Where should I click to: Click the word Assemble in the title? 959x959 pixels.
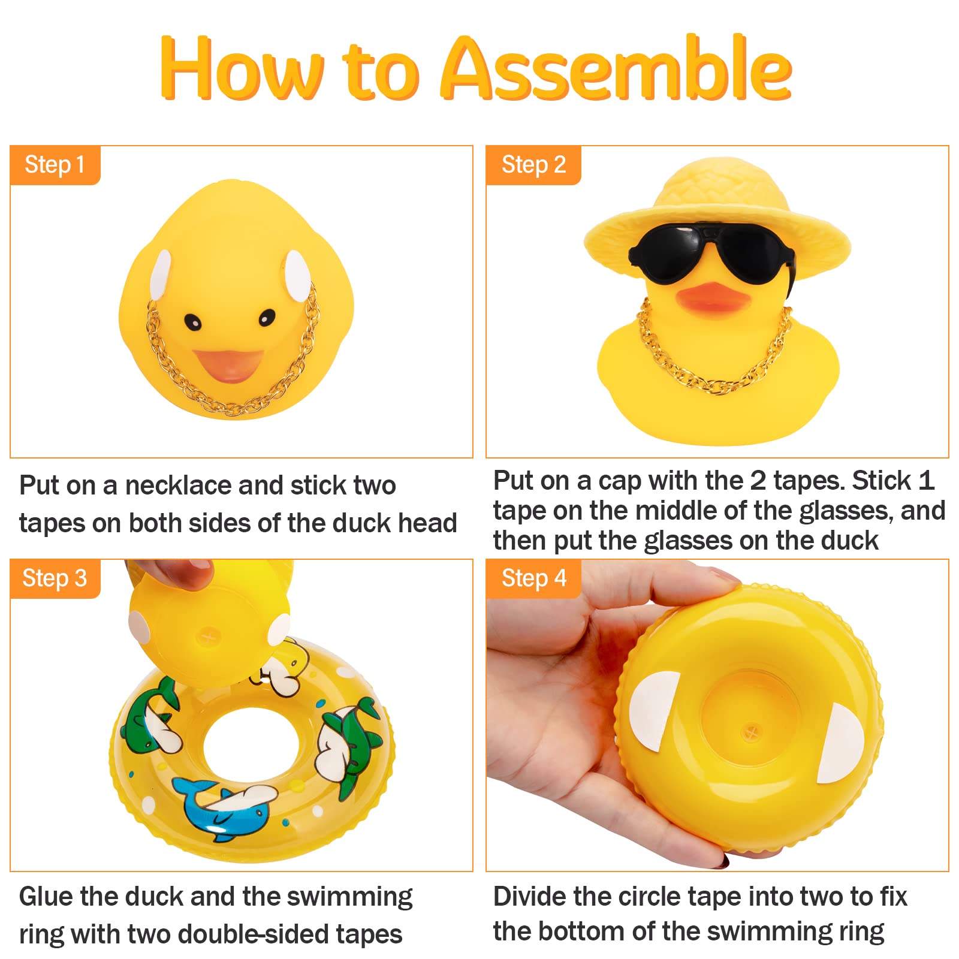tap(617, 69)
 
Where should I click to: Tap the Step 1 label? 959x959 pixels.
tap(55, 165)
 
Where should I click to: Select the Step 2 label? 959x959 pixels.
tap(533, 165)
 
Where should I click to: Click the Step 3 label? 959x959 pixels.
tap(55, 578)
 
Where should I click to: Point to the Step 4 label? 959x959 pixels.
tap(533, 578)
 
